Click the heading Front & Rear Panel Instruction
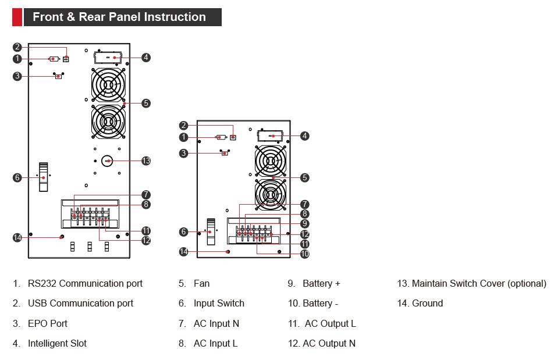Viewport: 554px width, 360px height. [x=119, y=17]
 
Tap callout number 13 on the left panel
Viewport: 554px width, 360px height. [x=146, y=161]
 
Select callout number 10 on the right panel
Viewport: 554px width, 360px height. [x=305, y=254]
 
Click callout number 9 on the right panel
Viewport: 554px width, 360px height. [x=305, y=223]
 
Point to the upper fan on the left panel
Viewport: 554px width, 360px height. [x=108, y=85]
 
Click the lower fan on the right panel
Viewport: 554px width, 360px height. [x=271, y=195]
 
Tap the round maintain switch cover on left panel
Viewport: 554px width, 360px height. [x=108, y=161]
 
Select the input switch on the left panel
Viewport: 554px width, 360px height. [x=44, y=177]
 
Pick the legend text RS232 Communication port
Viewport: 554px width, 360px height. [x=85, y=284]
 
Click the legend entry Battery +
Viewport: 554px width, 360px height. [x=321, y=284]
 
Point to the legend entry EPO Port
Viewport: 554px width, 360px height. [x=48, y=323]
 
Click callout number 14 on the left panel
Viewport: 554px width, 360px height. [x=17, y=237]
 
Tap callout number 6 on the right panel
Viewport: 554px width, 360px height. [x=184, y=232]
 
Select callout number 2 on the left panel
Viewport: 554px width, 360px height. [x=17, y=48]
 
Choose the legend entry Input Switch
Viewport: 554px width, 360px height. [x=219, y=304]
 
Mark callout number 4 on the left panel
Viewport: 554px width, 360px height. [x=146, y=58]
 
